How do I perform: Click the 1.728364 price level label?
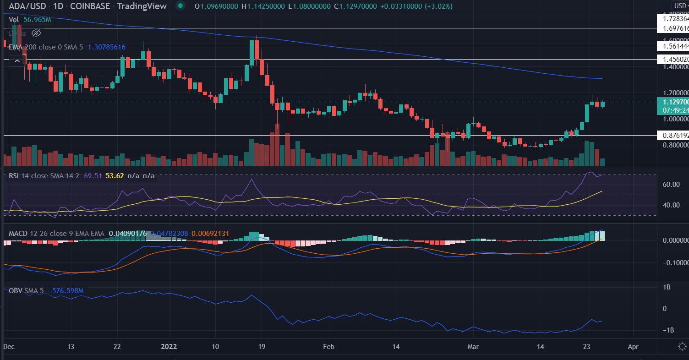(672, 19)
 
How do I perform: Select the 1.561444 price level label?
(672, 46)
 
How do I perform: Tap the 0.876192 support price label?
(672, 135)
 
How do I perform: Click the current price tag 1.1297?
(672, 102)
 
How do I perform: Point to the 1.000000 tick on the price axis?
(672, 119)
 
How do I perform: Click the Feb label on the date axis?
(328, 347)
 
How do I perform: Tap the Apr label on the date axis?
(633, 347)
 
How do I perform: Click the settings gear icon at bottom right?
(683, 347)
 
